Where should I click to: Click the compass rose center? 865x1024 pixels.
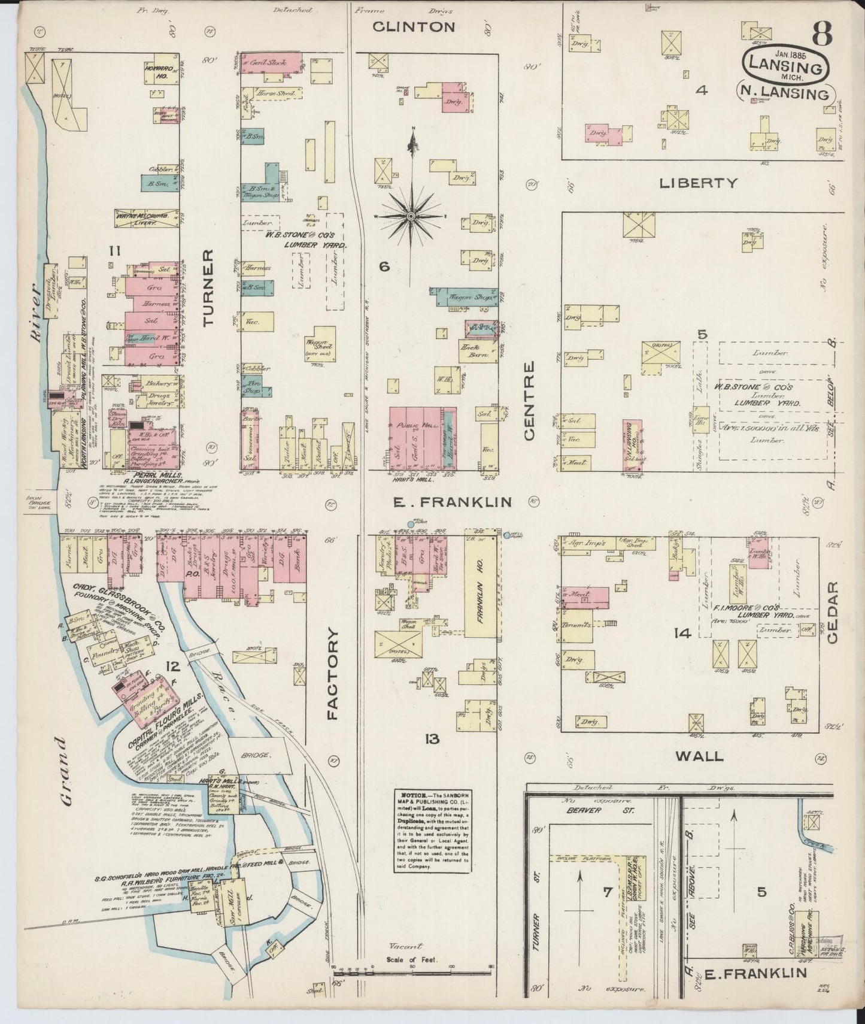coord(411,215)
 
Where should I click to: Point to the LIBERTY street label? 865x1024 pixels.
coord(698,183)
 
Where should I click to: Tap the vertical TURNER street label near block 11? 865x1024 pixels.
coord(208,288)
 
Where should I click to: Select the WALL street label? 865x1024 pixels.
coord(699,756)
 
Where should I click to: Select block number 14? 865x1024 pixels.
coord(683,633)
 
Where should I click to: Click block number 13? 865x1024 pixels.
coord(432,740)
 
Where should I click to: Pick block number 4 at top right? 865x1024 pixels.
coord(702,90)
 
